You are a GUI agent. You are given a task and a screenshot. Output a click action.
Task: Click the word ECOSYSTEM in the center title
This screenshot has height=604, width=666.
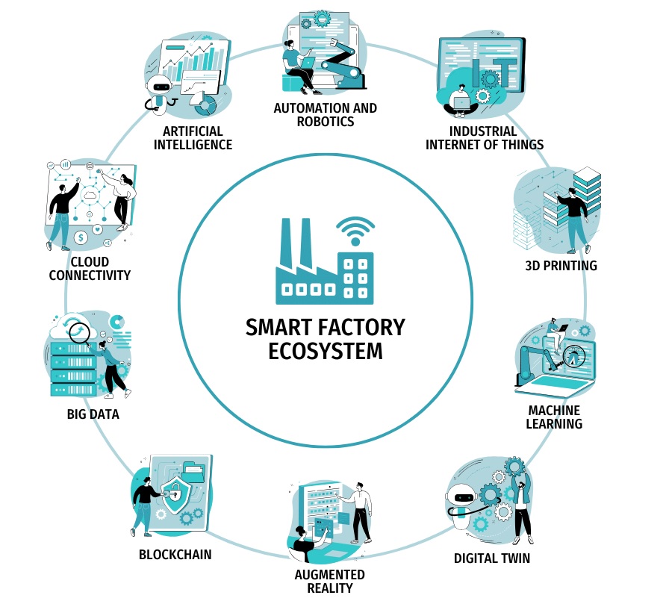click(x=325, y=350)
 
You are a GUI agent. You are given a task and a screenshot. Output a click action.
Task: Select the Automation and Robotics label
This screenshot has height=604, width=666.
click(x=325, y=114)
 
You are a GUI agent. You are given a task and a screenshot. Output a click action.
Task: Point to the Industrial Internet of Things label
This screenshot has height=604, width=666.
click(x=485, y=137)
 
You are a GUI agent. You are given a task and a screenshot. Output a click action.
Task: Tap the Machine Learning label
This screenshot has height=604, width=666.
click(x=554, y=417)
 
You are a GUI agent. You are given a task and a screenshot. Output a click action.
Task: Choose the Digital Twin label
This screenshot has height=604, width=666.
click(x=492, y=558)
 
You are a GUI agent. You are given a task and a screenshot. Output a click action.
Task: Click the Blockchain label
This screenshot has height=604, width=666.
click(x=175, y=555)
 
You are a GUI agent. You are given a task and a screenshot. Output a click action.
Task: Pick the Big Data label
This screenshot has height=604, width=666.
click(x=93, y=414)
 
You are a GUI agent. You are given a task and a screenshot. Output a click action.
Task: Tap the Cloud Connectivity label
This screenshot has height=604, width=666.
click(x=90, y=268)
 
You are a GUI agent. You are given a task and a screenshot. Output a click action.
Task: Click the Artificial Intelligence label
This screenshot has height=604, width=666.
click(x=193, y=137)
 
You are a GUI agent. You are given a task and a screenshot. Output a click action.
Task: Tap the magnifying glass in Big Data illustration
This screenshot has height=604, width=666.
click(x=78, y=331)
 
